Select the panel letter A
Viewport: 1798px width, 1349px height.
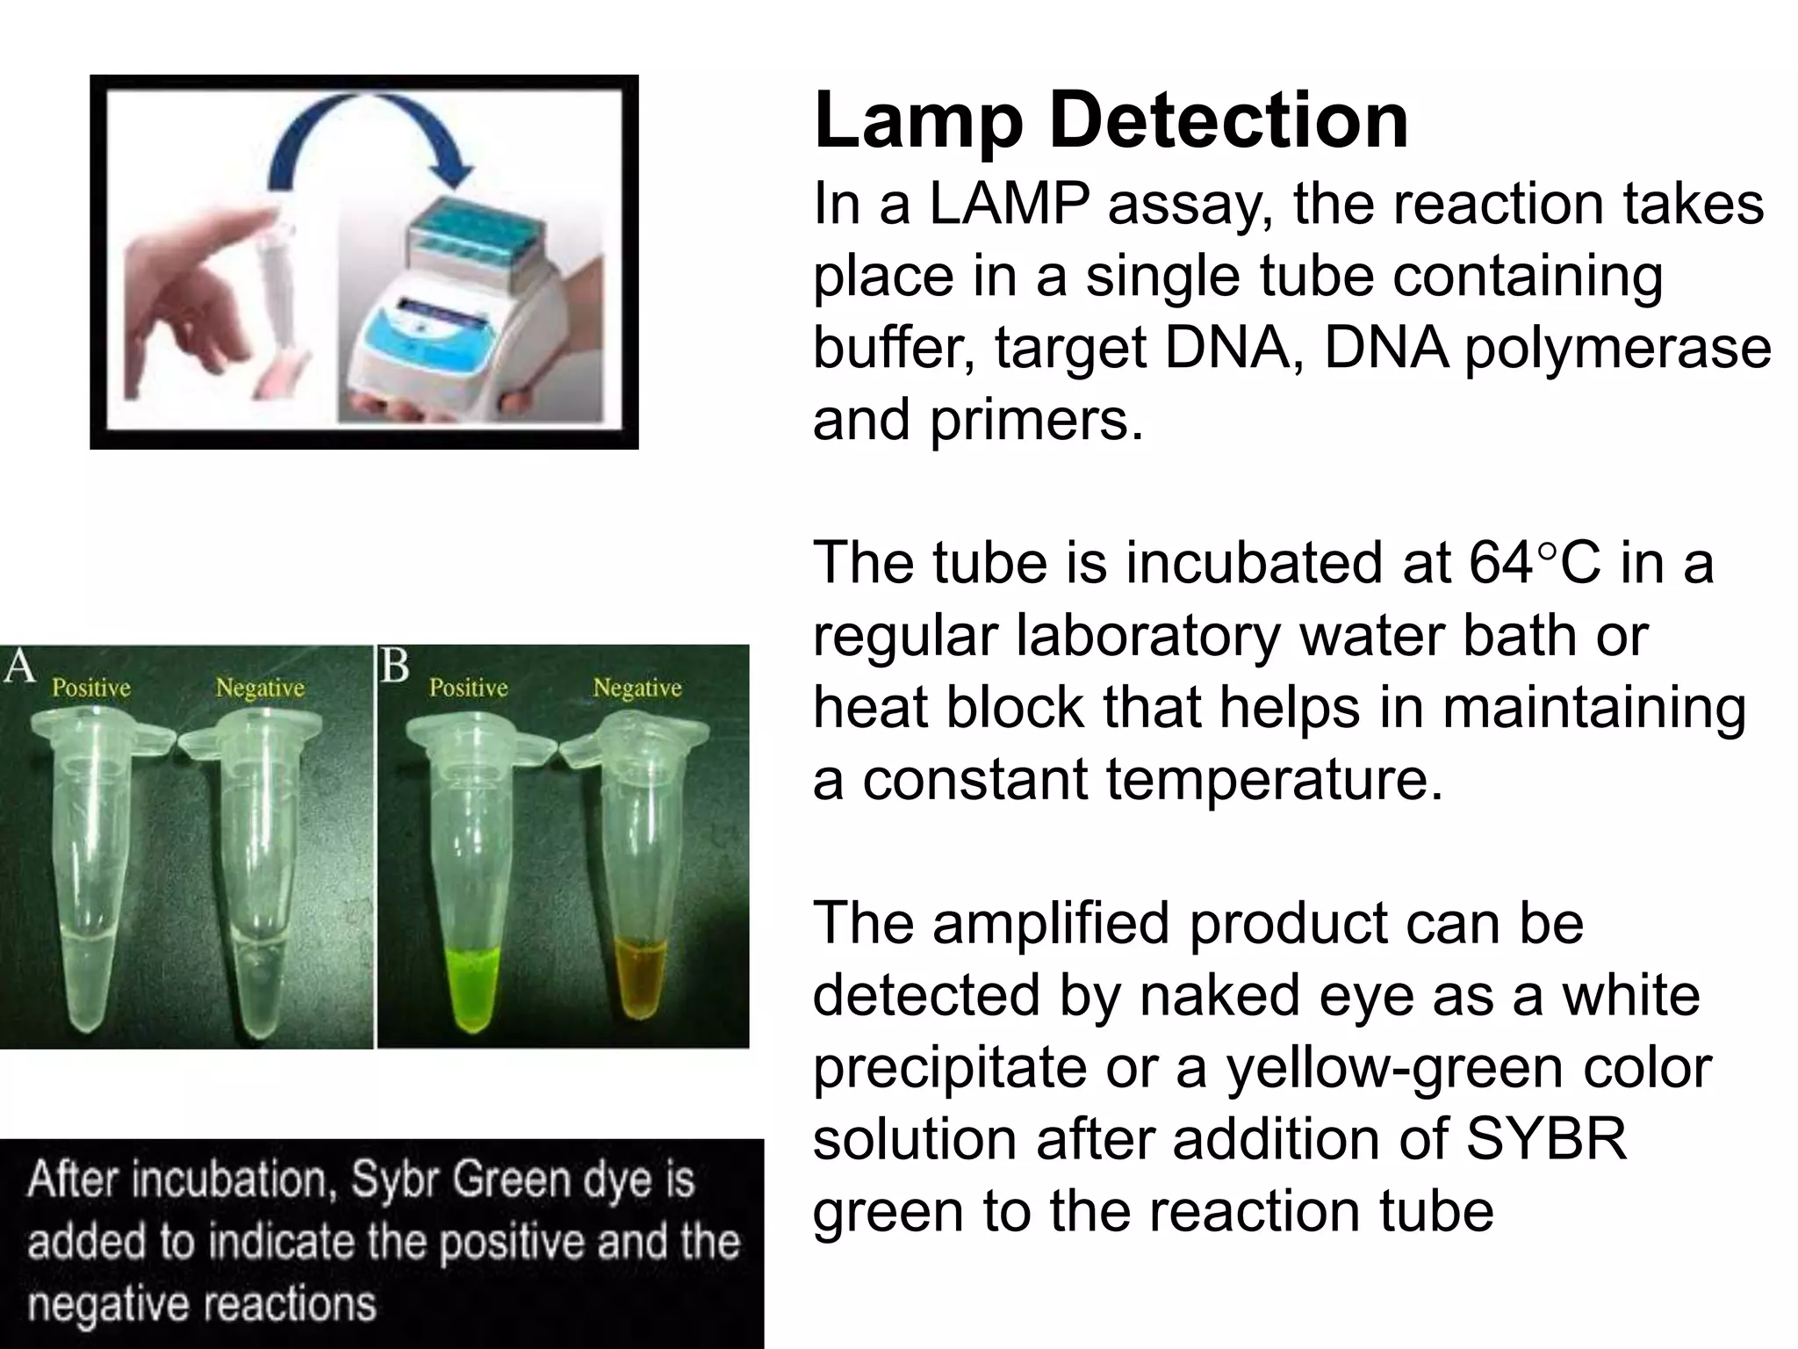coord(18,667)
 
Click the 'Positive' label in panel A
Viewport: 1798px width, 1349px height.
coord(91,687)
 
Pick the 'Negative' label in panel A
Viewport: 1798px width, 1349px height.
coord(260,687)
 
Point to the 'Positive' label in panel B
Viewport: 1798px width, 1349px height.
coord(468,687)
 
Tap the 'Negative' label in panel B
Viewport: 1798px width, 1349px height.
coord(636,687)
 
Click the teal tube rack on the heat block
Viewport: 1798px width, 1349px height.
coord(474,228)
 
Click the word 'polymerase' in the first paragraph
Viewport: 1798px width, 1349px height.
coord(1617,348)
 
